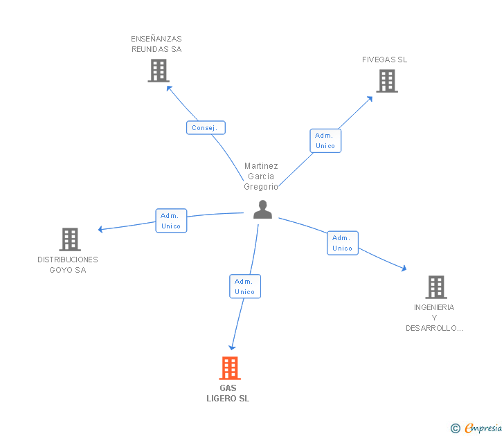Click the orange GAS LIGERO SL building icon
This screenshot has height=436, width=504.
tap(230, 368)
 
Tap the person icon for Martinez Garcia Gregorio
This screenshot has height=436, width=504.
tap(262, 210)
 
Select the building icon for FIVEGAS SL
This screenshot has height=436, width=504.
tap(387, 81)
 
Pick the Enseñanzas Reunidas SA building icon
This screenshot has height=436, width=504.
tap(159, 71)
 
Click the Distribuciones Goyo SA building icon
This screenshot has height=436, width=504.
tap(70, 239)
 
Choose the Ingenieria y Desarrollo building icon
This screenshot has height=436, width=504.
tap(436, 287)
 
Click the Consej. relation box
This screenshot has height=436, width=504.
tap(206, 127)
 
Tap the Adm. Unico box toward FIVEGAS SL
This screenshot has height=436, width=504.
tap(325, 140)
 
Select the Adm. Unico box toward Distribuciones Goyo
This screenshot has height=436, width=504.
tap(171, 221)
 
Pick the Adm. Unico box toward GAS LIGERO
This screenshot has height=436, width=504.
tap(245, 287)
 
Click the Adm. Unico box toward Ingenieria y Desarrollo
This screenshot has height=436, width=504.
tap(342, 243)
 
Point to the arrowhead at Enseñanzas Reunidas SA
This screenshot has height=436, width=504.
tap(169, 89)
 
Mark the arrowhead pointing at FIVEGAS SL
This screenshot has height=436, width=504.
tap(370, 99)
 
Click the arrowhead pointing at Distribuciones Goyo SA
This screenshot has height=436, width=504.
tap(100, 229)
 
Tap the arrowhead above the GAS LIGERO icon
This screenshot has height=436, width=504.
tap(232, 347)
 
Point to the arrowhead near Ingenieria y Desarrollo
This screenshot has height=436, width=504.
tap(404, 268)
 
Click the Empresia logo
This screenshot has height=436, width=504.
tap(483, 428)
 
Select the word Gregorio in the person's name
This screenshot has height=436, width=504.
tap(261, 187)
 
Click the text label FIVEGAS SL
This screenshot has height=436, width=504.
tap(384, 60)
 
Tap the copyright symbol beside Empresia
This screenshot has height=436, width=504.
tap(456, 428)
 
